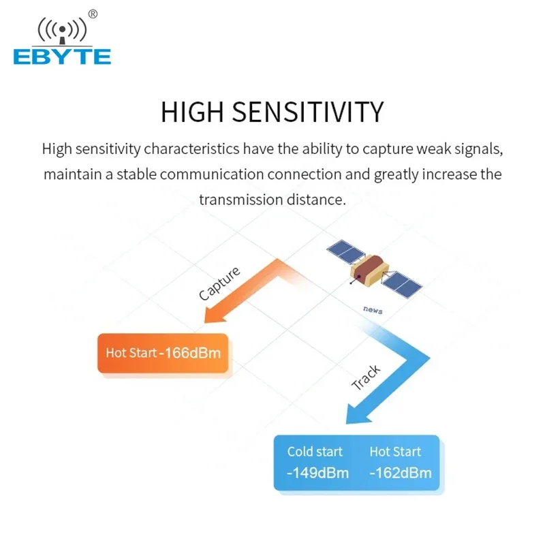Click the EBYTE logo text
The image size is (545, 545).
click(x=62, y=57)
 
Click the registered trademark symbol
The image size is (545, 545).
click(x=93, y=14)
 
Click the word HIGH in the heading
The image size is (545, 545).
click(x=192, y=112)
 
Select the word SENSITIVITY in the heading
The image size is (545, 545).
click(x=308, y=112)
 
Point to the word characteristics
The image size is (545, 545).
click(x=191, y=149)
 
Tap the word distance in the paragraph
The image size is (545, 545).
click(x=316, y=200)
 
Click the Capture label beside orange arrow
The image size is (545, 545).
click(x=219, y=283)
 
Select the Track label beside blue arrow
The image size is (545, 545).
click(x=366, y=377)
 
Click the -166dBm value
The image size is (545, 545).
click(x=190, y=353)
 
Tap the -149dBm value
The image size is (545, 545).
click(x=317, y=473)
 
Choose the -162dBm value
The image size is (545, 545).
click(x=401, y=473)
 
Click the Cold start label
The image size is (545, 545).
click(x=315, y=452)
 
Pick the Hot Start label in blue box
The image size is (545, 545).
click(x=395, y=452)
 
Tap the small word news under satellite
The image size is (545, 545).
click(x=373, y=310)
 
